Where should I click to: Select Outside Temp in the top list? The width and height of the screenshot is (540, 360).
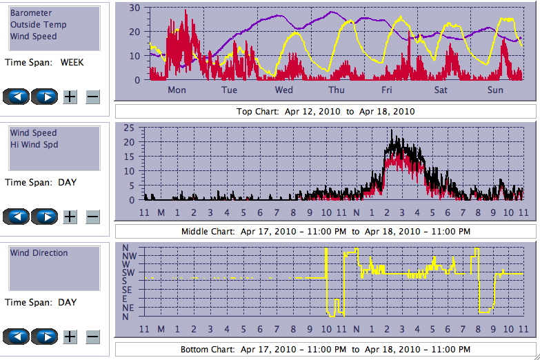pos(38,25)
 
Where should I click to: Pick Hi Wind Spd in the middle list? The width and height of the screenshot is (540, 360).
pos(34,145)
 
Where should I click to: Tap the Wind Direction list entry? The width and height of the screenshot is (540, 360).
pos(39,253)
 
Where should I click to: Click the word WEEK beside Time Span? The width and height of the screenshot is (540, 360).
pos(72,62)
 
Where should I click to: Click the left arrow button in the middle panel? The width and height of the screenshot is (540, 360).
pos(17,217)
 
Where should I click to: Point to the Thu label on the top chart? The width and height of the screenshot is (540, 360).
pos(337,90)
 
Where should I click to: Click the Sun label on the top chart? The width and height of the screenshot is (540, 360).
pos(495,90)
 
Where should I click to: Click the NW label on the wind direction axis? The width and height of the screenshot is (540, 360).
pos(129,255)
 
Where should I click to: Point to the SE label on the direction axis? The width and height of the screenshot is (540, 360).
pos(129,290)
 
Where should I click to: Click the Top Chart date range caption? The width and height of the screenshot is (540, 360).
pos(326,111)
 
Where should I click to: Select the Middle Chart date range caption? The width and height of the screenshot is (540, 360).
pos(326,231)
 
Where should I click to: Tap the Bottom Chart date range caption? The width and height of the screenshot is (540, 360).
pos(326,350)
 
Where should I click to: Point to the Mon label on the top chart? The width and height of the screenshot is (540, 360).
pos(177,90)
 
